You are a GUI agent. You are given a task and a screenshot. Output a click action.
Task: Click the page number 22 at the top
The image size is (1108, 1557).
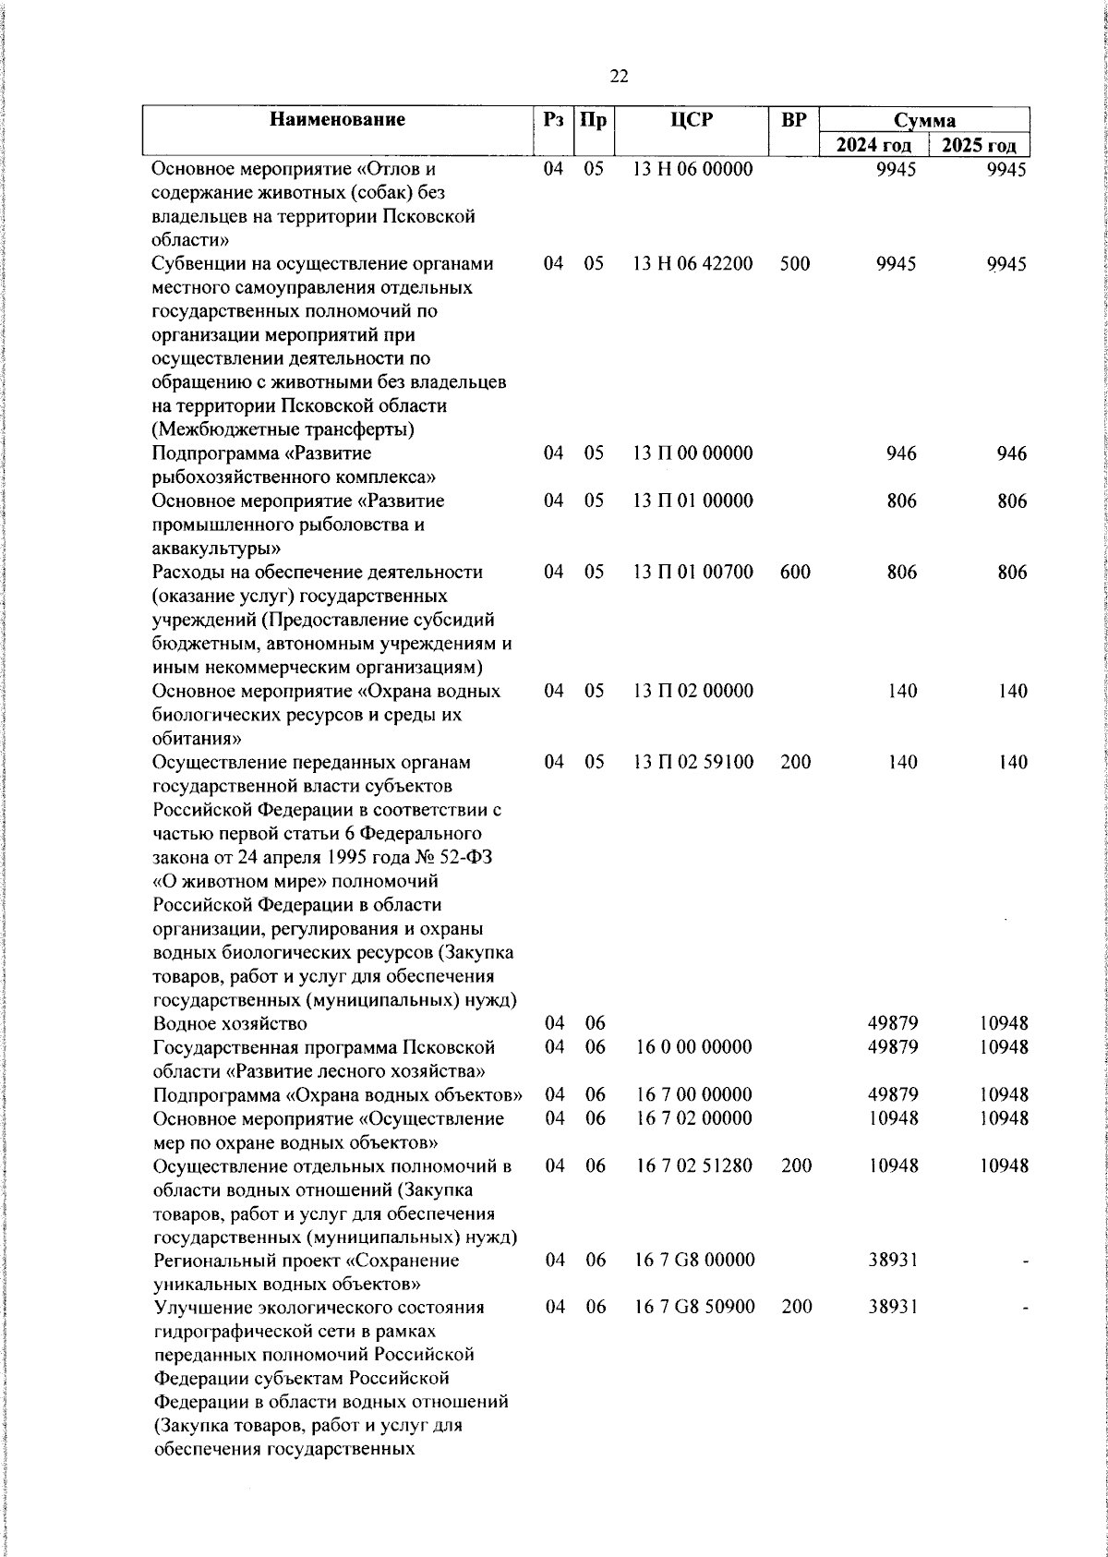click(620, 77)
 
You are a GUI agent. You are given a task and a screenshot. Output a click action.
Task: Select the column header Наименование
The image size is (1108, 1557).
click(337, 119)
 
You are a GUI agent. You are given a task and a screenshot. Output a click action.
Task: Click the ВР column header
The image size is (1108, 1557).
click(793, 119)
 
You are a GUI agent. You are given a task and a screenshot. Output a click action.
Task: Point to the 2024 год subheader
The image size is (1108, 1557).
click(873, 145)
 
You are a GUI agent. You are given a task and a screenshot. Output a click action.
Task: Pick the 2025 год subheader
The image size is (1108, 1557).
click(979, 145)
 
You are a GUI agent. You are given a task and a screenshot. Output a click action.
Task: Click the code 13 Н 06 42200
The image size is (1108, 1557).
click(692, 263)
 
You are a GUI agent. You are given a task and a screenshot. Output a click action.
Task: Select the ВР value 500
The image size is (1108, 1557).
click(794, 263)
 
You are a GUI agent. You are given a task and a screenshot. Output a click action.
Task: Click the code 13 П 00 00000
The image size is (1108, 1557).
click(692, 453)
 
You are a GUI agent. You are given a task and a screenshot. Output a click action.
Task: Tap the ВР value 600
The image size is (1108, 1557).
click(794, 572)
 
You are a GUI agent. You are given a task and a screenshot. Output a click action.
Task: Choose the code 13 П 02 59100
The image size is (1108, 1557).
click(692, 762)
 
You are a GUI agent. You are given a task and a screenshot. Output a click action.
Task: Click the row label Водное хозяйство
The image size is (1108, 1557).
click(230, 1023)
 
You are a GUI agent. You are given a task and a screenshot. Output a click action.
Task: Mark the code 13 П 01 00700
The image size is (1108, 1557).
click(692, 572)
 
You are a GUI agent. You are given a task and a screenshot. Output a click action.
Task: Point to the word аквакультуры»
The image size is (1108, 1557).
click(208, 549)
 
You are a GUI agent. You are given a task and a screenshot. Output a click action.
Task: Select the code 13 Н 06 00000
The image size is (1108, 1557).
click(692, 169)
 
